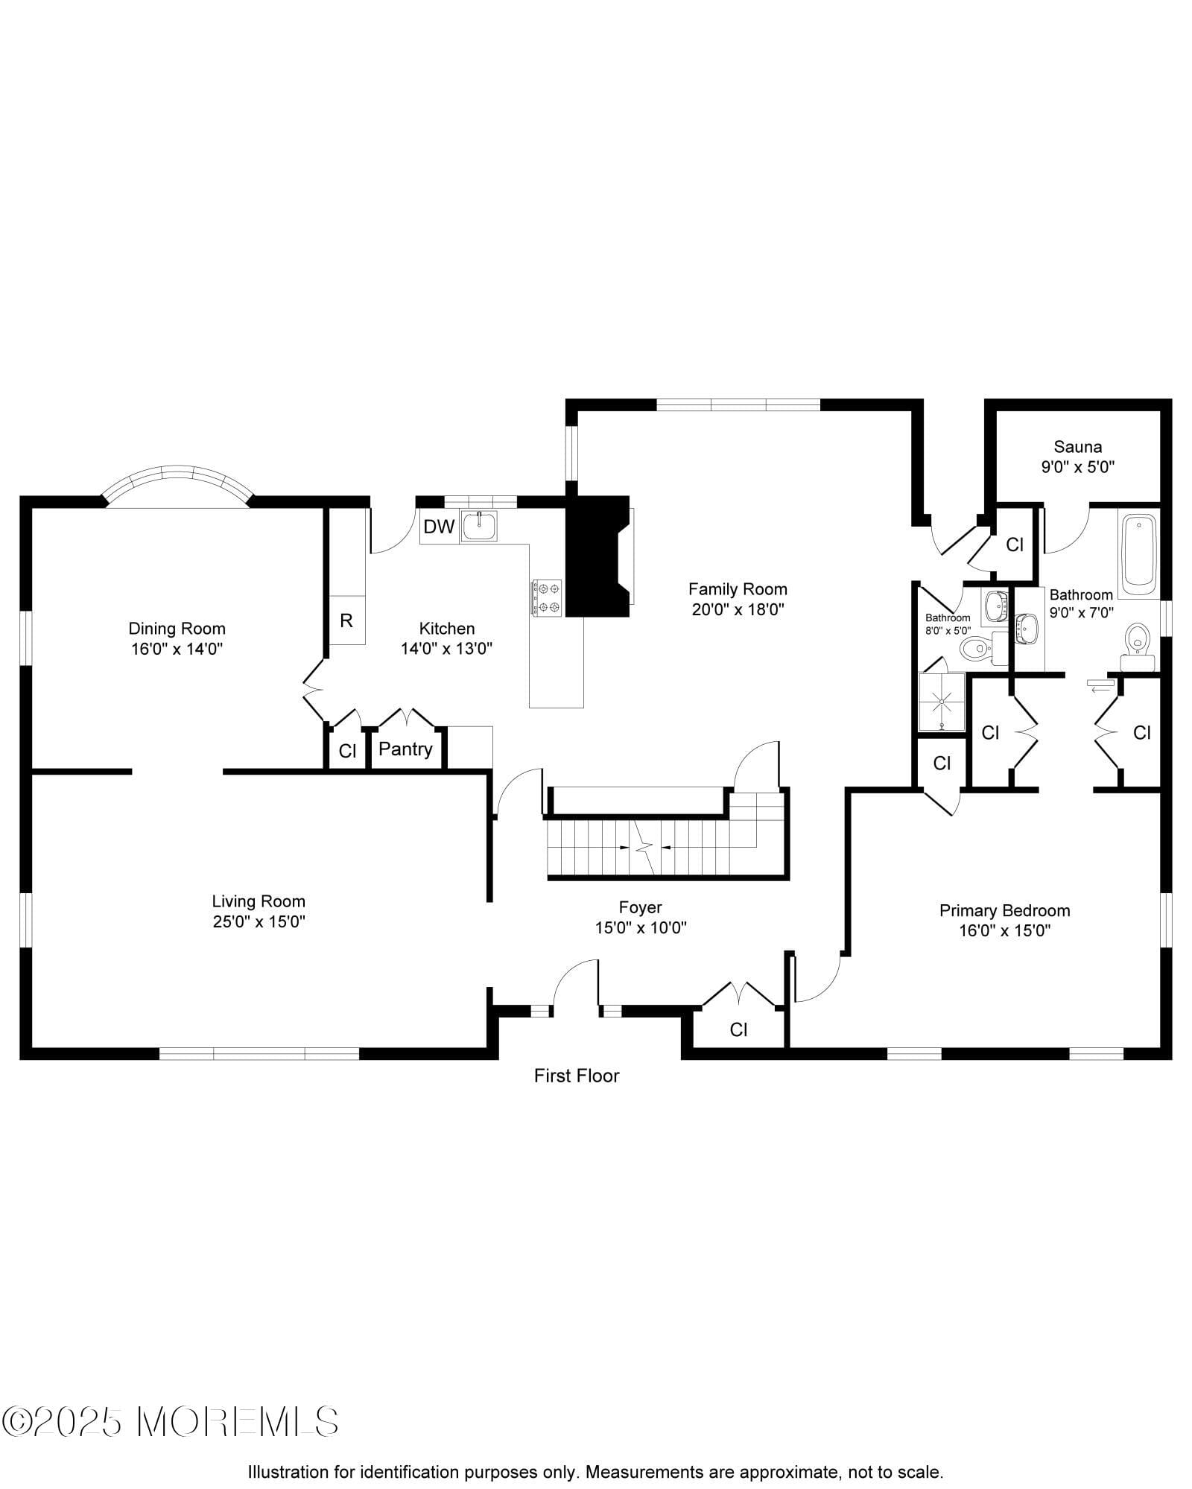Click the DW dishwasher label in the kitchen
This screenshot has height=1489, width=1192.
coord(439,527)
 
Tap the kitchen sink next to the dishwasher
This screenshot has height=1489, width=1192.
coord(479,526)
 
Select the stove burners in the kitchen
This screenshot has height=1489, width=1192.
coord(547,597)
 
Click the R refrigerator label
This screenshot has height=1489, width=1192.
coord(346,620)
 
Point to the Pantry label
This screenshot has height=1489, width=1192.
coord(405,749)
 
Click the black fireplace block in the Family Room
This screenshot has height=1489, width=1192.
coord(597,556)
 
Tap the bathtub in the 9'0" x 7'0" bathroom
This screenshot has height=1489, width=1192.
coord(1138,552)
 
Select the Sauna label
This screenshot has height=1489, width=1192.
coord(1077,447)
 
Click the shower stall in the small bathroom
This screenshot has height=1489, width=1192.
coord(942,701)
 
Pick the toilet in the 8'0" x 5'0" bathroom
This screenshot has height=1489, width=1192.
coord(977,648)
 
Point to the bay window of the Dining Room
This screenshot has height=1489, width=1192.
coord(177,484)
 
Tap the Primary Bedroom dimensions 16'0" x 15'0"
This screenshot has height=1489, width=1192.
coord(1004,930)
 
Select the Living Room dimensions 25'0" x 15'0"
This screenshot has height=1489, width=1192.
coord(259,921)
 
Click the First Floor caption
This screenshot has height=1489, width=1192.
coord(577,1076)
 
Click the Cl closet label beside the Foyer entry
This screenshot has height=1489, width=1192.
coord(738,1029)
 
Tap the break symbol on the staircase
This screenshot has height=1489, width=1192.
coord(644,848)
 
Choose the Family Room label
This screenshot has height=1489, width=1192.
coord(738,589)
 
